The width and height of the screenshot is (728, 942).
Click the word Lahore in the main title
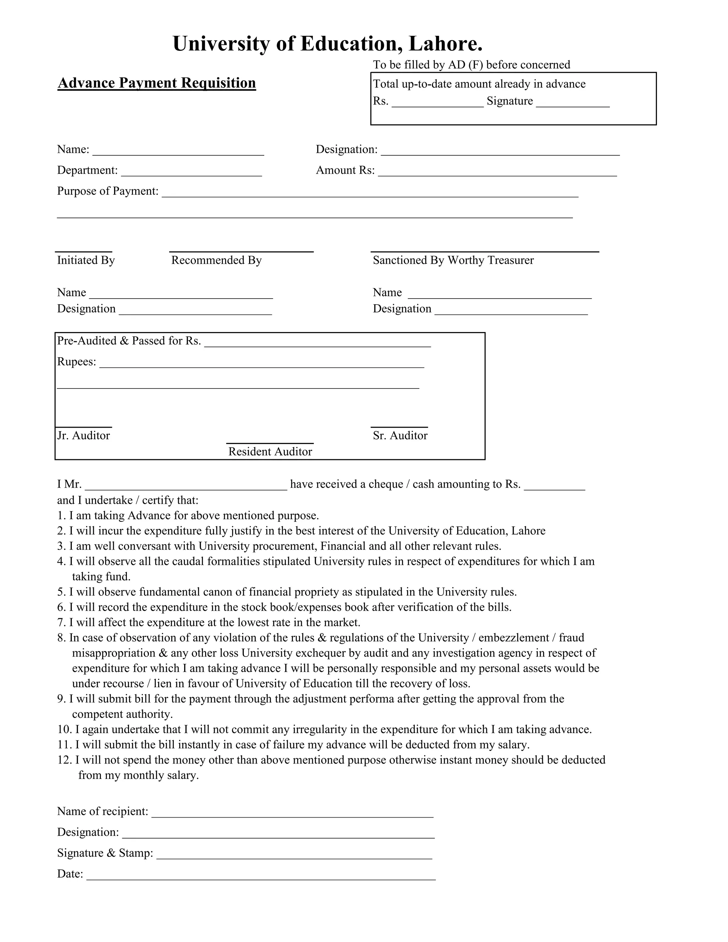pos(445,44)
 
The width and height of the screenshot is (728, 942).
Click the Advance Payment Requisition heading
pos(156,83)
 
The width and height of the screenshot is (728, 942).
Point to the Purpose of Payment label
pos(108,191)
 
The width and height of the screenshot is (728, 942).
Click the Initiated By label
pos(86,260)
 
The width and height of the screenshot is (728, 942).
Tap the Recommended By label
pos(216,260)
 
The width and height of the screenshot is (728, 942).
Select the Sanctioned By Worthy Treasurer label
pos(453,260)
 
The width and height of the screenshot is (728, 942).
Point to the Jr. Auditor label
pos(84,436)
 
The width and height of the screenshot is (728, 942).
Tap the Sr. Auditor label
pos(400,436)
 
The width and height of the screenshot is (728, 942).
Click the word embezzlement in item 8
pos(513,638)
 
